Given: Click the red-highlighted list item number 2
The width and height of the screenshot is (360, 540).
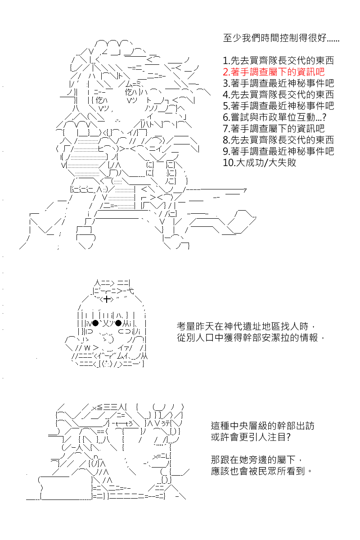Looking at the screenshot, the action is click(274, 72).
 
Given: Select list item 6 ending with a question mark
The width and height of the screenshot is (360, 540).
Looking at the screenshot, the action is click(274, 117).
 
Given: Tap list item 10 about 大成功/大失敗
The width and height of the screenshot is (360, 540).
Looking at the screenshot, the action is click(260, 162).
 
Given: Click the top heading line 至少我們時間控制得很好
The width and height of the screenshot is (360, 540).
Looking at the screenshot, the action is click(281, 38).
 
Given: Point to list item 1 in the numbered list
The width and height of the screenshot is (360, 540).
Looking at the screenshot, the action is click(278, 60).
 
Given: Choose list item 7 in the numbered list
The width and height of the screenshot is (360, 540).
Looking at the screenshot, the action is click(274, 129).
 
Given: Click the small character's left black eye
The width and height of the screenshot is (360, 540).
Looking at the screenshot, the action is click(95, 323).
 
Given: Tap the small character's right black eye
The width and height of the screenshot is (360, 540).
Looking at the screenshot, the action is click(118, 323).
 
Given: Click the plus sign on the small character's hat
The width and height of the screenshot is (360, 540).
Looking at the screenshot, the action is click(107, 299).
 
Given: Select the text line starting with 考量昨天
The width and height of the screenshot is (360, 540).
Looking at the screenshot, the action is click(246, 326).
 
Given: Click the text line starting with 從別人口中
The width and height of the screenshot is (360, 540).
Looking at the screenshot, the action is click(251, 338).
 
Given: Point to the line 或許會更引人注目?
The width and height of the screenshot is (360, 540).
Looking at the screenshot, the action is click(251, 437).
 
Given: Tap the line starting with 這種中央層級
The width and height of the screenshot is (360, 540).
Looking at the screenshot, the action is click(263, 426).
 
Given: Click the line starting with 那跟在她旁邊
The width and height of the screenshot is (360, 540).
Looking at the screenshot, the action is click(256, 460).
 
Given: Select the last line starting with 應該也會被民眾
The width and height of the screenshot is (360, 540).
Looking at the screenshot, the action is click(261, 471).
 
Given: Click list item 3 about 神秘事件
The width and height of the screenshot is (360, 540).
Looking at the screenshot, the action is click(278, 83).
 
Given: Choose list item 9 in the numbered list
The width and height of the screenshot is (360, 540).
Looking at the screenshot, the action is click(278, 151).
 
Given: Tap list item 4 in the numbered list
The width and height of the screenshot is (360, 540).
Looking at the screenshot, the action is click(278, 94).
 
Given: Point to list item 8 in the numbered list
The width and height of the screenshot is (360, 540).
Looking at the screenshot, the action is click(278, 140).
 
